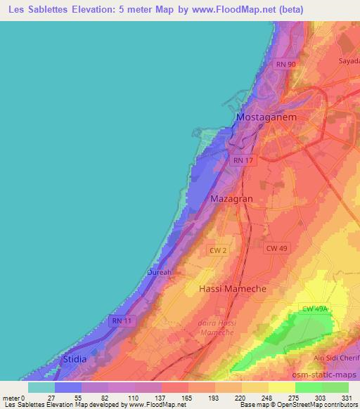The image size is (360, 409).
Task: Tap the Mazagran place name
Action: [x=231, y=199]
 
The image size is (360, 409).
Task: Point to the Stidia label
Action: [x=75, y=359]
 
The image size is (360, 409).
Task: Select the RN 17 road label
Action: [x=243, y=160]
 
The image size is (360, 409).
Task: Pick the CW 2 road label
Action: [x=217, y=249]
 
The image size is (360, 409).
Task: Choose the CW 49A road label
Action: [x=315, y=309]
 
